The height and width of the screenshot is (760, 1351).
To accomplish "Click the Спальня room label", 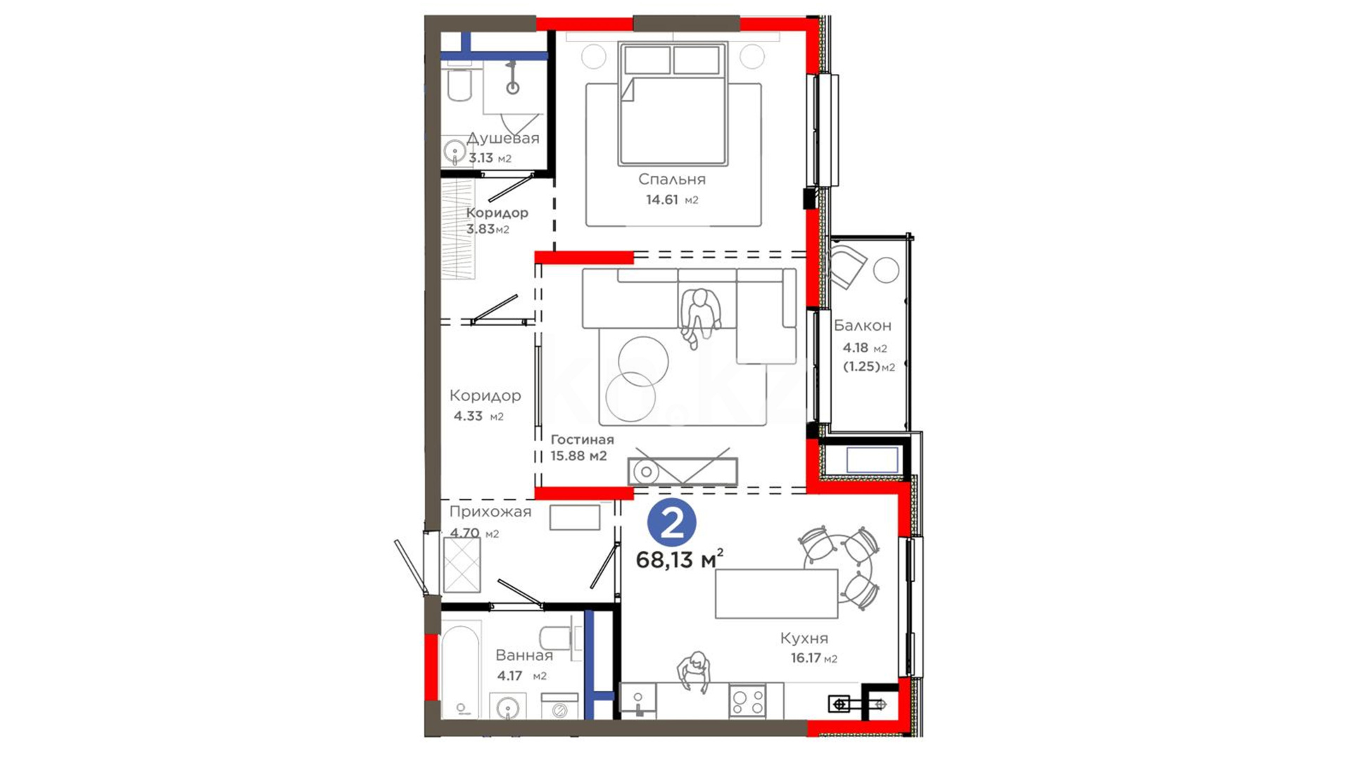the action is click(671, 179).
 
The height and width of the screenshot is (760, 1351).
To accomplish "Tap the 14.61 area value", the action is click(662, 200).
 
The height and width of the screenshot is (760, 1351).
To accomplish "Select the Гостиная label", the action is click(582, 440).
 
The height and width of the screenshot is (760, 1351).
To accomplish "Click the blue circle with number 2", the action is click(671, 522).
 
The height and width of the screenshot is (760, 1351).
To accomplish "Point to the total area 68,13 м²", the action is click(679, 559).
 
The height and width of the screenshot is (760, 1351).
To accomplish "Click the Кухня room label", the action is click(804, 638).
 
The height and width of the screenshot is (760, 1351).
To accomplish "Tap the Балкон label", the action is click(863, 326).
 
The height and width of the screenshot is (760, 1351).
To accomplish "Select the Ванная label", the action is click(524, 656).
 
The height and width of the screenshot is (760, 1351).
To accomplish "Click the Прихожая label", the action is click(490, 512).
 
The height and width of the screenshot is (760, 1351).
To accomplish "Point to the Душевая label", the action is click(503, 138).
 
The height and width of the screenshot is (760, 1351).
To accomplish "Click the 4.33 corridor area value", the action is click(468, 416).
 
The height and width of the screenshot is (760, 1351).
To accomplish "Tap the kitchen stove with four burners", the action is click(747, 702).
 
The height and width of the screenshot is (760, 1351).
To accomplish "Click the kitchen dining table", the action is click(776, 594).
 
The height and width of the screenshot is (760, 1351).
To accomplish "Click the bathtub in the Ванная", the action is click(460, 669).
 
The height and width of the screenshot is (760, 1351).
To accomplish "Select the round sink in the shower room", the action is click(455, 151).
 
